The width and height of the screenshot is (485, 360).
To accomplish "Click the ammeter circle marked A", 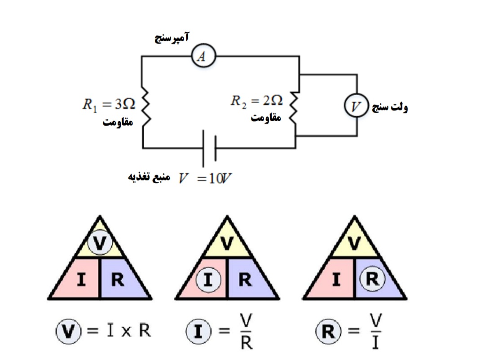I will click(203, 57).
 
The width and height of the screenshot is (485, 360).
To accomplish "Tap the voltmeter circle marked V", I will click(356, 106).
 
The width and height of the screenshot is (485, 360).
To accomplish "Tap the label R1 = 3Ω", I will click(108, 105).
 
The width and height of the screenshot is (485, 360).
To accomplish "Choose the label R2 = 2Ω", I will click(257, 101).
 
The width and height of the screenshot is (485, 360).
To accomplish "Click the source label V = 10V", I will click(205, 178).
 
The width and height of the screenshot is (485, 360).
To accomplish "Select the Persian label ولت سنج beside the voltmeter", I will click(389, 107).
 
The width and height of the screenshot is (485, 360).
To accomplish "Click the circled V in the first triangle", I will click(99, 243).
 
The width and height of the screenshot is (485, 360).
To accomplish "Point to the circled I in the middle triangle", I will click(207, 280).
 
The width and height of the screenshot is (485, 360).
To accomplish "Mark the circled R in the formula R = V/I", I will click(326, 332).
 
